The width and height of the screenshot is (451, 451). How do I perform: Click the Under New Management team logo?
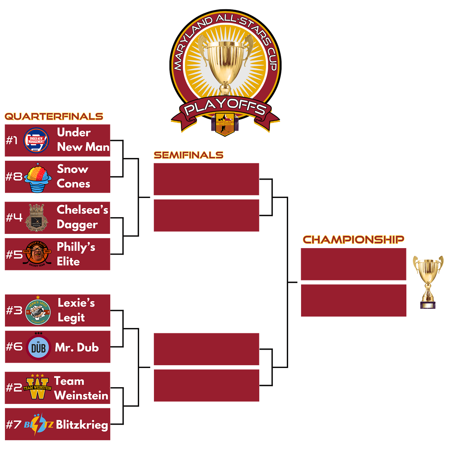[x=36, y=140]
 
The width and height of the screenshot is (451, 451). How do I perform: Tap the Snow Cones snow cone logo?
[x=38, y=177]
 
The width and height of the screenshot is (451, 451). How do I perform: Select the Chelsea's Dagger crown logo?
[x=37, y=218]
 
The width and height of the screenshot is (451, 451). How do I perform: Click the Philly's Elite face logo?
[x=37, y=254]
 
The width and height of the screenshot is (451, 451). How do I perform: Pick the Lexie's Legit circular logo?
[x=38, y=311]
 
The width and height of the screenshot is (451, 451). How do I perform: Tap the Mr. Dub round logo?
[x=38, y=347]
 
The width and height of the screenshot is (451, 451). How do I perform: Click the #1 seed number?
[x=12, y=140]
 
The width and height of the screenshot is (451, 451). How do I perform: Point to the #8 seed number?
[x=14, y=177]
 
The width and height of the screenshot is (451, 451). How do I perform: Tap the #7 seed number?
[x=14, y=424]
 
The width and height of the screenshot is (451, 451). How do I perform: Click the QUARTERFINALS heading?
[x=54, y=116]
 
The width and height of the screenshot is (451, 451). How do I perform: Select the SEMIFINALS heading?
[x=188, y=155]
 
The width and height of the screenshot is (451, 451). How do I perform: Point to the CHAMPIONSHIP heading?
[x=353, y=239]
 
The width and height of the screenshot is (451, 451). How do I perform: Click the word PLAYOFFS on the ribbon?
[x=225, y=107]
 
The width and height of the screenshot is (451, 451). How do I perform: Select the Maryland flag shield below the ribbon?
[x=225, y=124]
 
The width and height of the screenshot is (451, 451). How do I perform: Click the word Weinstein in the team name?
[x=81, y=396]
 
